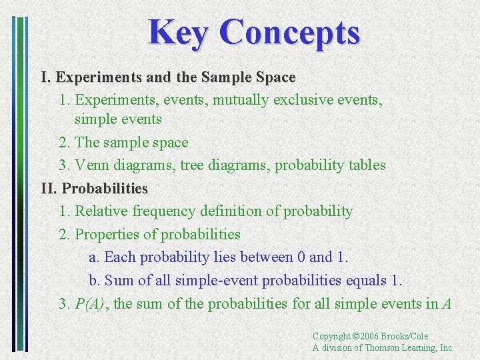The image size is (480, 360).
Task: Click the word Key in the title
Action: coord(178,33)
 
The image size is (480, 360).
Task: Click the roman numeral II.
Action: coord(49,189)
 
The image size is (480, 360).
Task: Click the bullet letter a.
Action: coord(93,257)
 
